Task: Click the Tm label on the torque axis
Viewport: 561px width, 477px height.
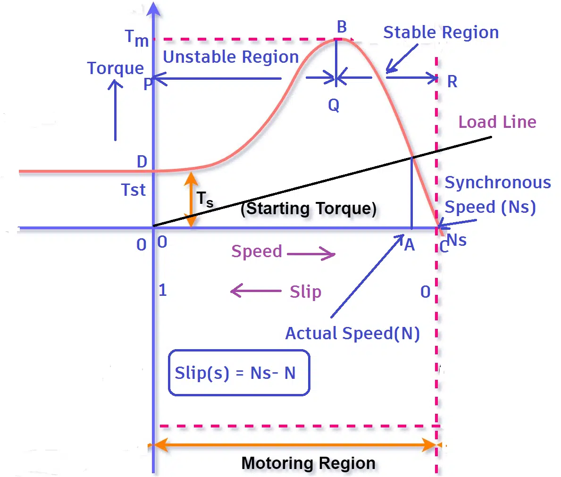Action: (x=136, y=38)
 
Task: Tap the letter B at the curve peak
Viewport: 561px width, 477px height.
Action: (x=342, y=27)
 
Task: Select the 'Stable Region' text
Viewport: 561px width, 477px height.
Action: (x=441, y=33)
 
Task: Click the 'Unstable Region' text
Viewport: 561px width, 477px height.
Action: (x=231, y=57)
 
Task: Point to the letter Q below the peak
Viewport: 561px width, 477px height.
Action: (x=334, y=106)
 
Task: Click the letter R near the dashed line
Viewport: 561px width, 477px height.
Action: (x=452, y=82)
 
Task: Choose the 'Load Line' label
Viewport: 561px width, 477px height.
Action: (x=497, y=122)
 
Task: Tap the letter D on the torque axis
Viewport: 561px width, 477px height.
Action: (x=142, y=162)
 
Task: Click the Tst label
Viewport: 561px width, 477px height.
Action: (x=133, y=190)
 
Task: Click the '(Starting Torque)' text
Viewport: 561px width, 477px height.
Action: (x=309, y=209)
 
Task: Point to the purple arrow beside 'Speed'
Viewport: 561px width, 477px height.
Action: (x=311, y=254)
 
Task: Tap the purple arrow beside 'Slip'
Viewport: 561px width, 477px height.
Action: (x=256, y=291)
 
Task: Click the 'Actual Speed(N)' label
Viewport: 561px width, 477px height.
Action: (x=352, y=334)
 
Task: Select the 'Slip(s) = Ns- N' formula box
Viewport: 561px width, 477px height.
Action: (x=239, y=373)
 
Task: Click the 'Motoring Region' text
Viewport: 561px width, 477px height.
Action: (x=309, y=463)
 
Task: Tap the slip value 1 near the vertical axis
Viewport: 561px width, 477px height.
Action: (x=163, y=290)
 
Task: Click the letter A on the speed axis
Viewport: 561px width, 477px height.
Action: (x=409, y=245)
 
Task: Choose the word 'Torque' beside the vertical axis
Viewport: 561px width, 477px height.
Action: (x=116, y=68)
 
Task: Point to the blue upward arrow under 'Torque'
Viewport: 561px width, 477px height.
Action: (x=115, y=111)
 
